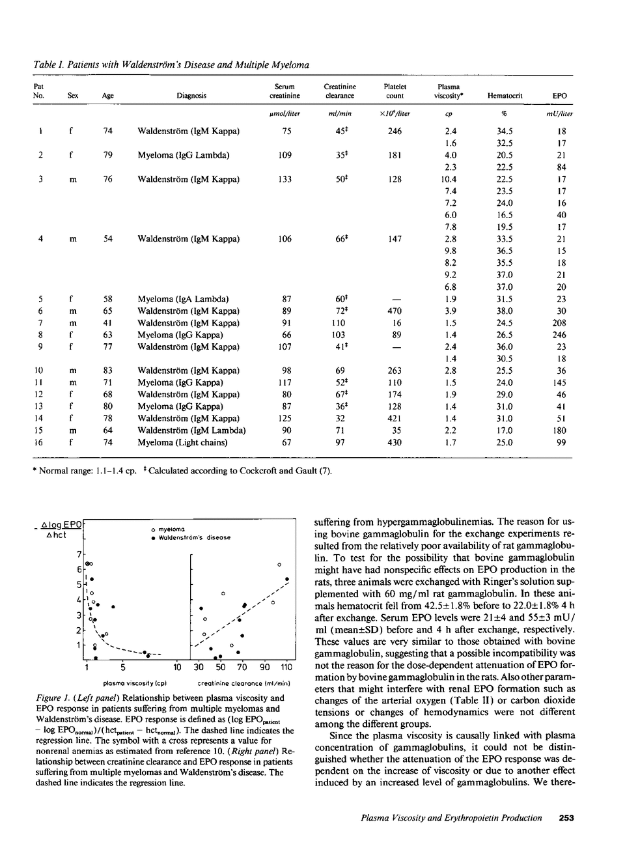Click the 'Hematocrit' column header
pyautogui.click(x=505, y=96)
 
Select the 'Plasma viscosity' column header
pyautogui.click(x=449, y=91)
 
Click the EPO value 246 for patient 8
pyautogui.click(x=559, y=335)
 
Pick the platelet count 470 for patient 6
pyautogui.click(x=395, y=311)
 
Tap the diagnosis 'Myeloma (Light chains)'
pyautogui.click(x=182, y=443)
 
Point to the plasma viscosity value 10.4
pyautogui.click(x=449, y=179)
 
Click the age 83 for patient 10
pyautogui.click(x=108, y=371)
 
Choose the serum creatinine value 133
pyautogui.click(x=285, y=179)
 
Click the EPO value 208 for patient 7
pyautogui.click(x=559, y=323)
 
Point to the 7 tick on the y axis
pyautogui.click(x=79, y=554)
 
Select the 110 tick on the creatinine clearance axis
pyautogui.click(x=286, y=667)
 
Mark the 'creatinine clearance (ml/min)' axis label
pyautogui.click(x=243, y=683)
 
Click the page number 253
pyautogui.click(x=566, y=818)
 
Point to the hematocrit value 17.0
pyautogui.click(x=505, y=430)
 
